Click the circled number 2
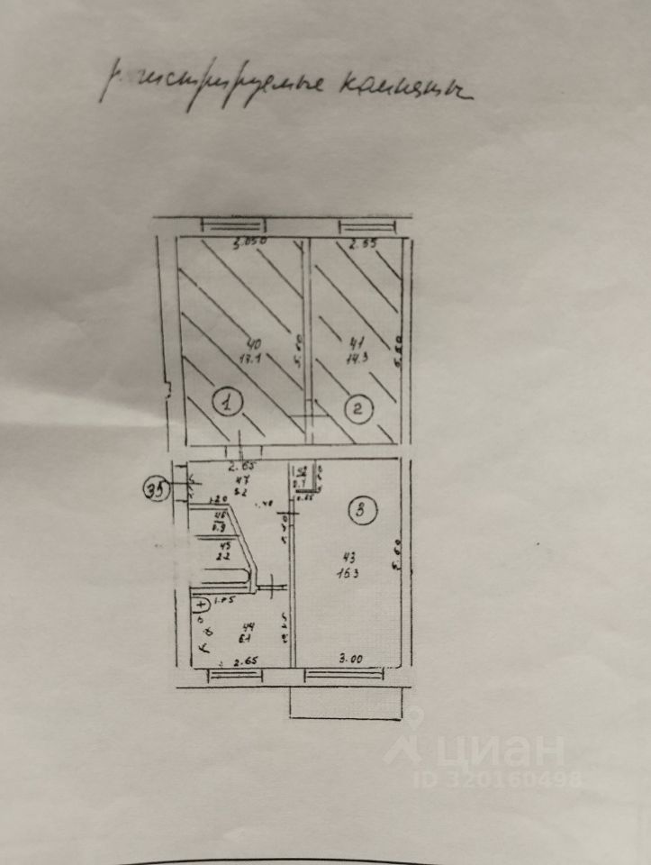point(359,410)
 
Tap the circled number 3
point(361,513)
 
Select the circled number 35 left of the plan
point(157,491)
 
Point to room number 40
point(255,343)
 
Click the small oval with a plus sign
point(200,604)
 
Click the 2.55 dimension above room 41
point(362,244)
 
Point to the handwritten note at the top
point(286,87)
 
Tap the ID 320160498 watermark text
point(498,778)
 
